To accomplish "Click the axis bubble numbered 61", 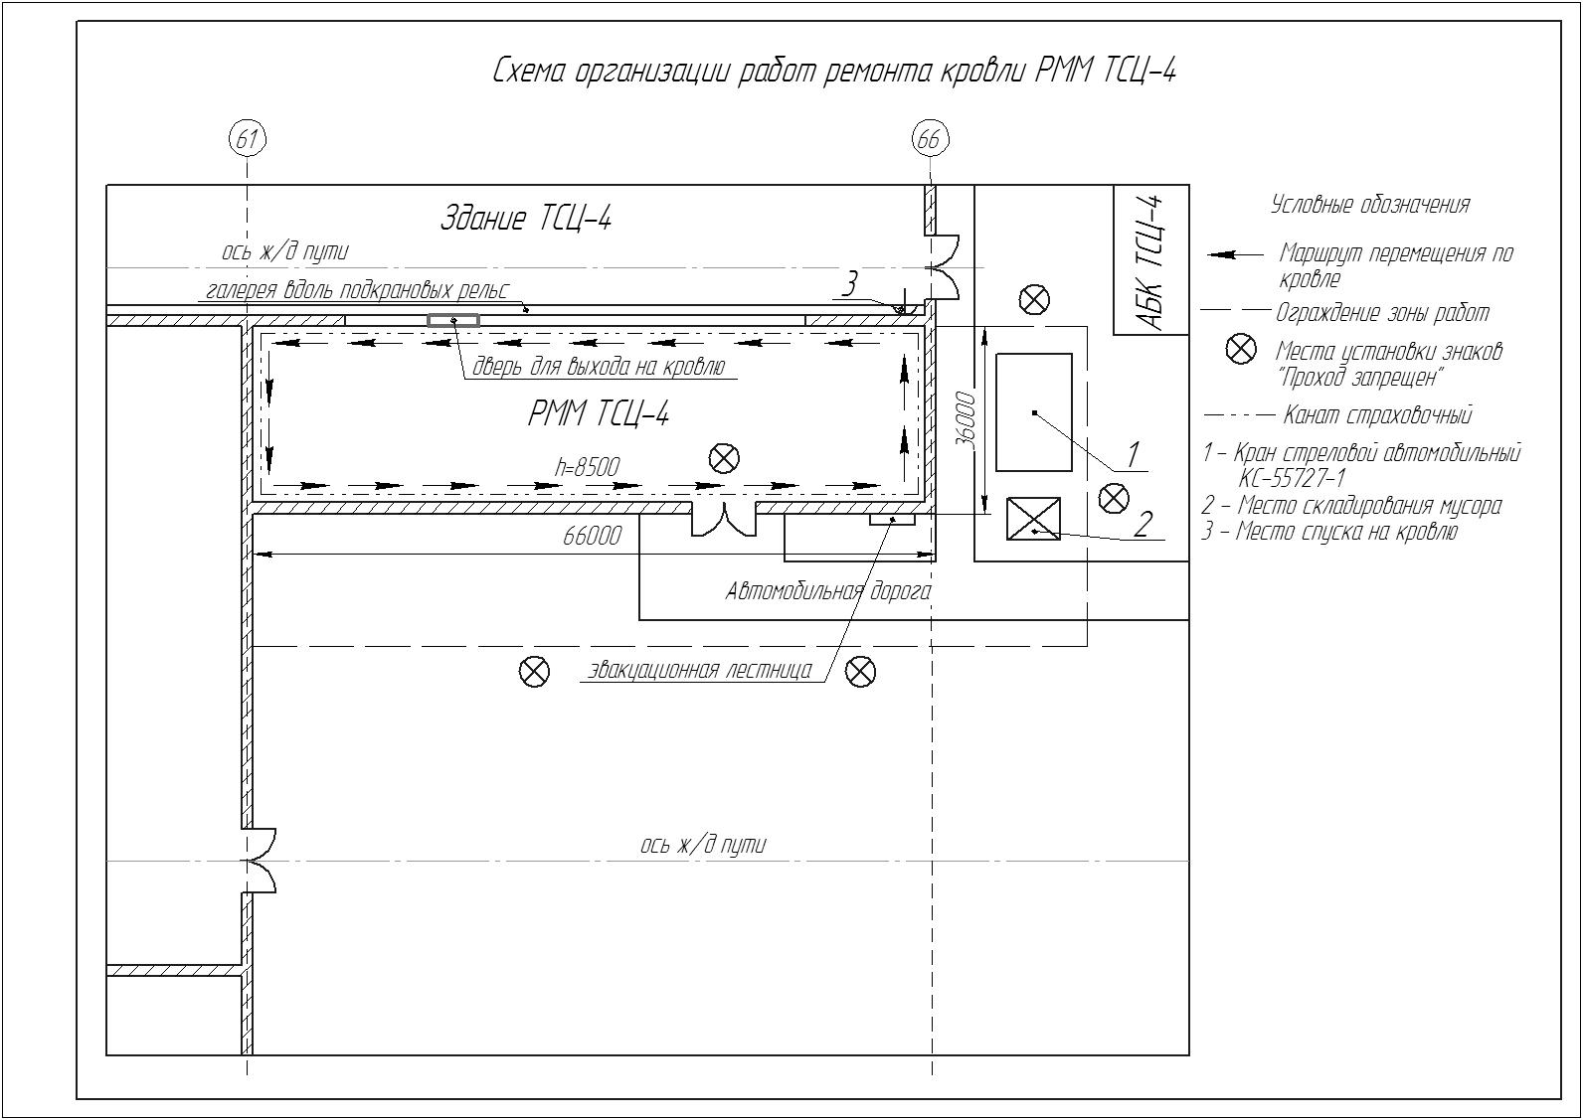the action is [x=248, y=140].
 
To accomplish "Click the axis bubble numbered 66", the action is [x=930, y=140].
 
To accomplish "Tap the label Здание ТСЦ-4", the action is [x=526, y=218].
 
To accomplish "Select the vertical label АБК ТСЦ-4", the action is [x=1151, y=262].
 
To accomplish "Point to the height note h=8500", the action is [x=588, y=467].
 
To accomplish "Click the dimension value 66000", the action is [x=592, y=536].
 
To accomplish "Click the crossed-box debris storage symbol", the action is [x=1033, y=519].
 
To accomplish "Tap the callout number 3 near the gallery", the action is [x=850, y=284].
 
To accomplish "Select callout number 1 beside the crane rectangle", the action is [x=1133, y=454].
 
